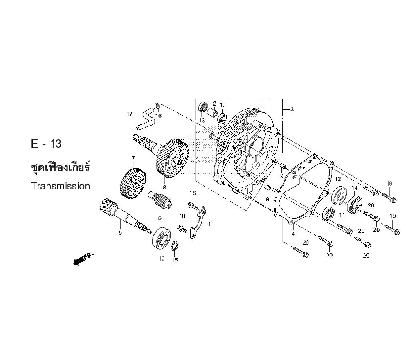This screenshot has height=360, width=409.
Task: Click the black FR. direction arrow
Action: (x=83, y=259)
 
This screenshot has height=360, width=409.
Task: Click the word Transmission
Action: (x=61, y=186)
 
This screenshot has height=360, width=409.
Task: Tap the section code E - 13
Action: (x=46, y=144)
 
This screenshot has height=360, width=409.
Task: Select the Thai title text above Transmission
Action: (x=60, y=167)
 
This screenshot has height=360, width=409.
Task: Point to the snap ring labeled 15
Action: (x=175, y=246)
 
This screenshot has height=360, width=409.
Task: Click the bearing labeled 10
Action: (x=162, y=238)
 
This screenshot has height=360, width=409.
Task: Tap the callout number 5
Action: (x=120, y=233)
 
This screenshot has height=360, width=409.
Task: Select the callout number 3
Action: (x=292, y=109)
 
